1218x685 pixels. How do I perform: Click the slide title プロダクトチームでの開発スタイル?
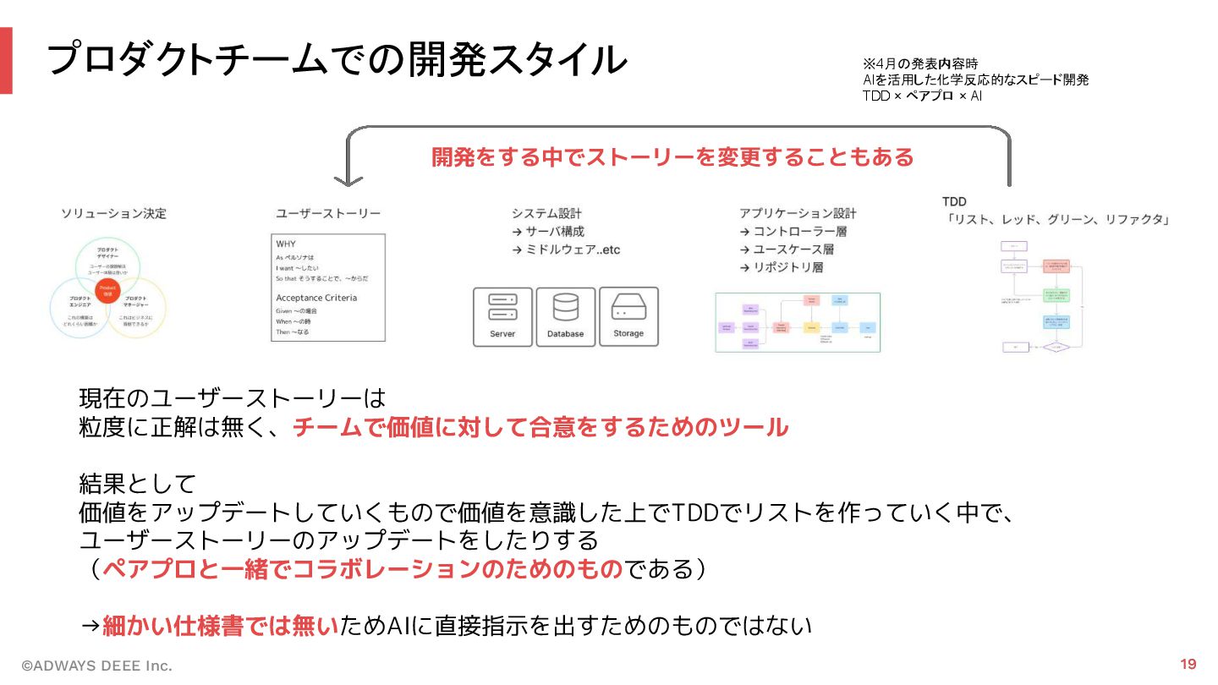pos(336,59)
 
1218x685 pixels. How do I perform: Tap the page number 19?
pos(1188,664)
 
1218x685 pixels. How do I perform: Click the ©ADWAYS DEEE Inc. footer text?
pos(96,666)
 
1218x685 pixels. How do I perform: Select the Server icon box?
pos(502,317)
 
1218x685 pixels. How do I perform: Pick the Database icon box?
pos(565,317)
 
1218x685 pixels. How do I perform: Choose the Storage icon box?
pos(628,317)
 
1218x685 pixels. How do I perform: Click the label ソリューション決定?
pos(113,214)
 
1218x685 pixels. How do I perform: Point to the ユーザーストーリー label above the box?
pos(328,214)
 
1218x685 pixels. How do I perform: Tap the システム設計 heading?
pos(546,213)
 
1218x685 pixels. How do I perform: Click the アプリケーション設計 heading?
pos(798,213)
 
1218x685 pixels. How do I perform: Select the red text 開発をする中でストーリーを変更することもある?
pos(672,157)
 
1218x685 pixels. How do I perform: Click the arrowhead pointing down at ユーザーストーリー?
pos(348,180)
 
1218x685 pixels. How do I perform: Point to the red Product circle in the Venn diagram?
pos(107,291)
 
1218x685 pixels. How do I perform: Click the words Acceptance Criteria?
pos(316,298)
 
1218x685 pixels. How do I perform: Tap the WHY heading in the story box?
pos(286,244)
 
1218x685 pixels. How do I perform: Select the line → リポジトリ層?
pos(782,267)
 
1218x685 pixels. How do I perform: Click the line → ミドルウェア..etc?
pos(566,249)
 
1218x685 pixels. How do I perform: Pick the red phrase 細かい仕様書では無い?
pos(220,626)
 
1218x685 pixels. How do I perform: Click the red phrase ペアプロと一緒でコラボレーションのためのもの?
pos(362,569)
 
